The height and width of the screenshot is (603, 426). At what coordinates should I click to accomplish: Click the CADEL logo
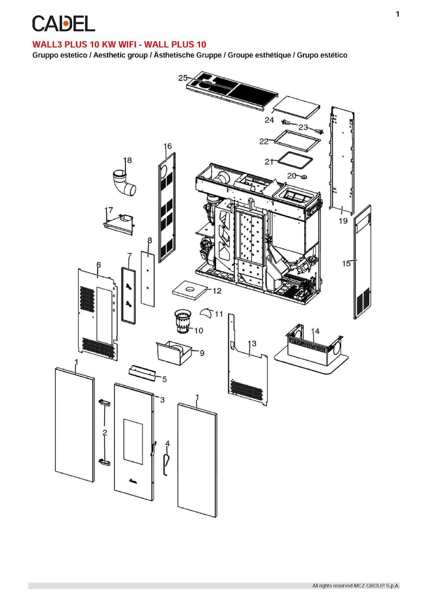63,24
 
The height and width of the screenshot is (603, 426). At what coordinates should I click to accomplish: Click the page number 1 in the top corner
398,14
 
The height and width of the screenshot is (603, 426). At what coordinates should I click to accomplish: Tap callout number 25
183,78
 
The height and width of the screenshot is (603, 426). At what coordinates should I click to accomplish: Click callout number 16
168,146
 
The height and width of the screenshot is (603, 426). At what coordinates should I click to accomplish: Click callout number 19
343,221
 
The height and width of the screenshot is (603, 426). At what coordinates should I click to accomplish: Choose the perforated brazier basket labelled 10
184,321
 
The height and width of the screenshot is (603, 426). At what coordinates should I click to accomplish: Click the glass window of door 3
133,442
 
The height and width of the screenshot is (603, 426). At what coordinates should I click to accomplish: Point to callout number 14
315,331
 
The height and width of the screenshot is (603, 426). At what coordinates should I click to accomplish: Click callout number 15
346,263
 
